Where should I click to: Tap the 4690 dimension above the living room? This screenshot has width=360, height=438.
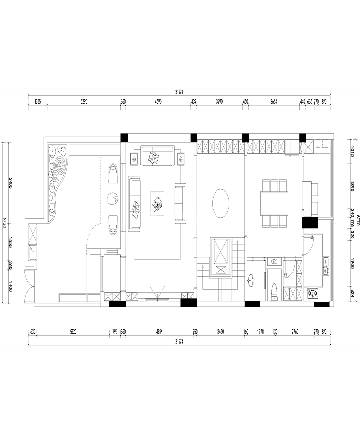tap(158, 102)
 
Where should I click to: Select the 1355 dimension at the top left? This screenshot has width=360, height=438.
tap(37, 102)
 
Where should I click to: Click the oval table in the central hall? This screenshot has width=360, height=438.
tap(221, 203)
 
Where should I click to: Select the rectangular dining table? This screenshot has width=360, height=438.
tap(274, 203)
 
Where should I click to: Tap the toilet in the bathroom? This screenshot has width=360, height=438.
tap(274, 291)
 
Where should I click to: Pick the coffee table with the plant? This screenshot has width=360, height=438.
tap(157, 203)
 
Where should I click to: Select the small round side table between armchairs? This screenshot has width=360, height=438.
tap(112, 198)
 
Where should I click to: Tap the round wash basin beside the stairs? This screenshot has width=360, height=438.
tap(251, 279)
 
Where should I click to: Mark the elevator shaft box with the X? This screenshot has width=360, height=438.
tap(220, 252)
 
